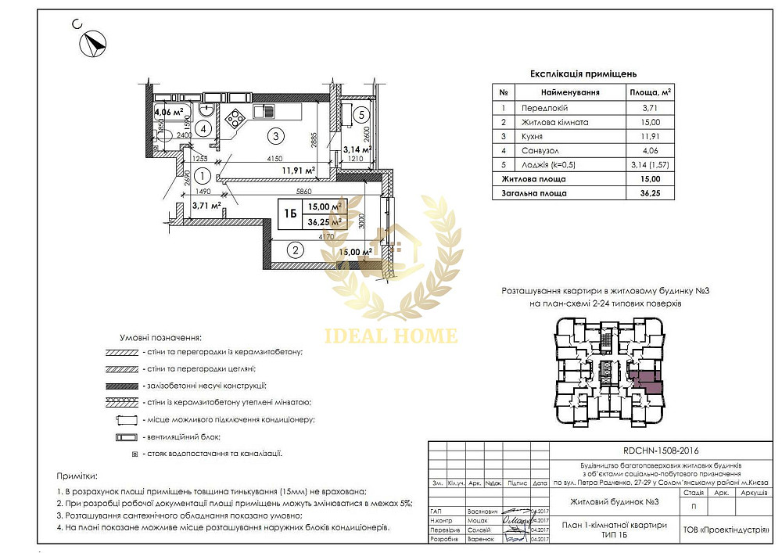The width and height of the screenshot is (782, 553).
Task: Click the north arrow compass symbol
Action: pos(94,41)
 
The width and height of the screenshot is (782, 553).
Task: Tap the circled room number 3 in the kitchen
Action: pos(274,135)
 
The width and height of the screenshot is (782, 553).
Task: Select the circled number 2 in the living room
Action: pos(295,251)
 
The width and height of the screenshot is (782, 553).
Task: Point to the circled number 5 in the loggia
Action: pos(360,115)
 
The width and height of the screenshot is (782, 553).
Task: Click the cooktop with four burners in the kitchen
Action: pos(235,119)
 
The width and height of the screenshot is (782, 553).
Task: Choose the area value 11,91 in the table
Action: pos(650,136)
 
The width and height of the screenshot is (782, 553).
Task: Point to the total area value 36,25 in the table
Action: pos(650,192)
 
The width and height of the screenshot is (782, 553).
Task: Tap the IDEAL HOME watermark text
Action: pos(391,336)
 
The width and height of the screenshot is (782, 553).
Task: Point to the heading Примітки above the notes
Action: pos(77,476)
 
